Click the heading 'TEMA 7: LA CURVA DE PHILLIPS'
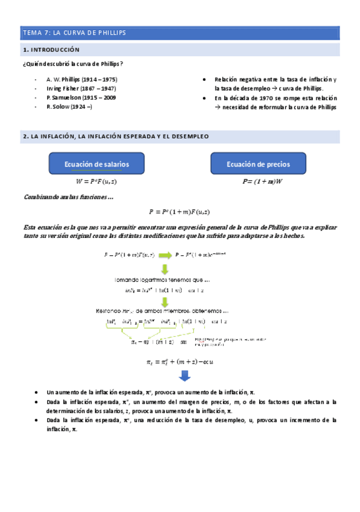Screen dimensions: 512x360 74,33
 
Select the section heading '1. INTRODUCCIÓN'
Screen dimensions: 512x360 51,50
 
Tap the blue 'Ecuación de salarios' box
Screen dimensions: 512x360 97,164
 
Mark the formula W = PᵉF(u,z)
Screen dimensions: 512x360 97,181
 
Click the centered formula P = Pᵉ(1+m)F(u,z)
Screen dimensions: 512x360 179,211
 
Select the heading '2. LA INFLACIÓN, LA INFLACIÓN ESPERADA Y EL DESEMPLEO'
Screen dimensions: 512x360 115,136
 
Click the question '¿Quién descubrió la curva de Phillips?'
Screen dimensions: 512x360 72,64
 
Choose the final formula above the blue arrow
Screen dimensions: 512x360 179,362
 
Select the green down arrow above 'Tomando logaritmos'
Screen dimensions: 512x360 164,269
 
